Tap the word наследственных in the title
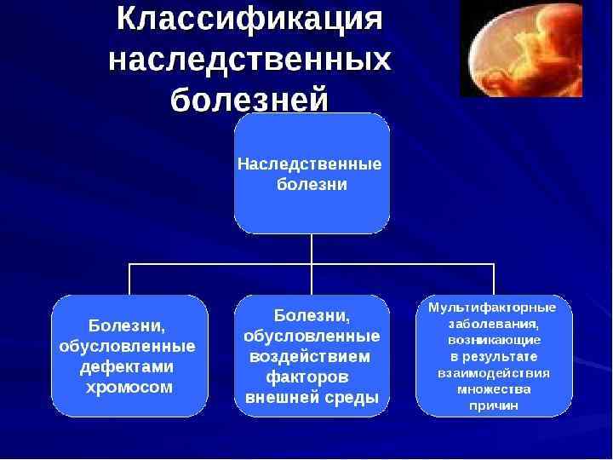pos(250,61)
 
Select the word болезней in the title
pos(249,100)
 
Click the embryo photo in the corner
pos(521,49)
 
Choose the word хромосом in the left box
pos(129,388)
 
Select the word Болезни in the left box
pos(127,326)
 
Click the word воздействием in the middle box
pos(312,356)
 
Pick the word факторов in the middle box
pos(306,377)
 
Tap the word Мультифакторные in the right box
pos(492,307)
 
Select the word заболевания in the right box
pos(492,324)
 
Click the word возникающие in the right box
pos(494,340)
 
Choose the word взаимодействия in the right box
pos(494,373)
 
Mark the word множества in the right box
pos(494,389)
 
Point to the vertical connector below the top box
pos(312,249)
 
